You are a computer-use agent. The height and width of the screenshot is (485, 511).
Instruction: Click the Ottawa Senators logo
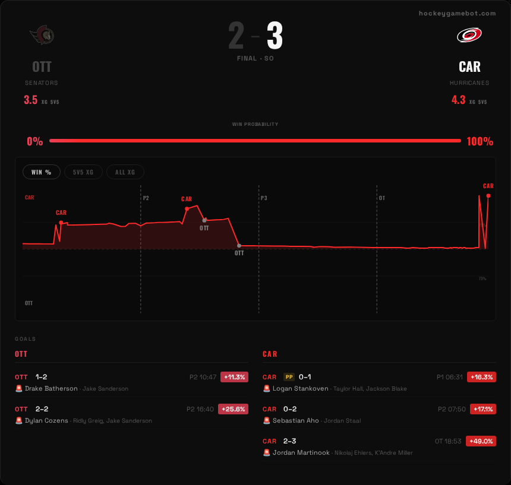(42, 36)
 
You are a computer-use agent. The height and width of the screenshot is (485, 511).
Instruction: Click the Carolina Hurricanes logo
(469, 36)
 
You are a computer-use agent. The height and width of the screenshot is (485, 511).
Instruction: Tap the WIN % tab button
(42, 172)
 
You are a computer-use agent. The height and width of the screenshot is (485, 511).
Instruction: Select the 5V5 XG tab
(83, 172)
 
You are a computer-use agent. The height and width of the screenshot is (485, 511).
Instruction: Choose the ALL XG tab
(125, 172)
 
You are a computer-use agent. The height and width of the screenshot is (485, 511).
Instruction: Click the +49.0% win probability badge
(481, 441)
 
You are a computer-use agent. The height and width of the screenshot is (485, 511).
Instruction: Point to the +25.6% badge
(234, 409)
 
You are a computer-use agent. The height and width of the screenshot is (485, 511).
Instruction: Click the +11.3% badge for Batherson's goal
(234, 377)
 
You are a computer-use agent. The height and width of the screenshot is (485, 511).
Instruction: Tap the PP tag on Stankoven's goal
(289, 377)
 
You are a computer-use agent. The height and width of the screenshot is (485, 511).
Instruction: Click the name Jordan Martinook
(301, 453)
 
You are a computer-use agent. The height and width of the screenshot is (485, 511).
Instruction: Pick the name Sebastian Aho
(296, 421)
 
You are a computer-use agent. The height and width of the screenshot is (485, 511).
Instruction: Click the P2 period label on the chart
(146, 198)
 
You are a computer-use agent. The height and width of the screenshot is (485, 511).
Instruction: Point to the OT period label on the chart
(382, 198)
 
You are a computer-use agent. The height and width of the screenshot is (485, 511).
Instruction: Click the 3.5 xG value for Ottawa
(31, 100)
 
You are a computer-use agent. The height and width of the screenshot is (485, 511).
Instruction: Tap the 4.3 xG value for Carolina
(458, 100)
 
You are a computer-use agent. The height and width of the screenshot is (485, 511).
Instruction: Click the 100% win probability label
(480, 142)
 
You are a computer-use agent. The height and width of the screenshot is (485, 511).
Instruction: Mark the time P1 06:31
(450, 377)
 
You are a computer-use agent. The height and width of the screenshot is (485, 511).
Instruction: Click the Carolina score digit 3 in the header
(275, 37)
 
